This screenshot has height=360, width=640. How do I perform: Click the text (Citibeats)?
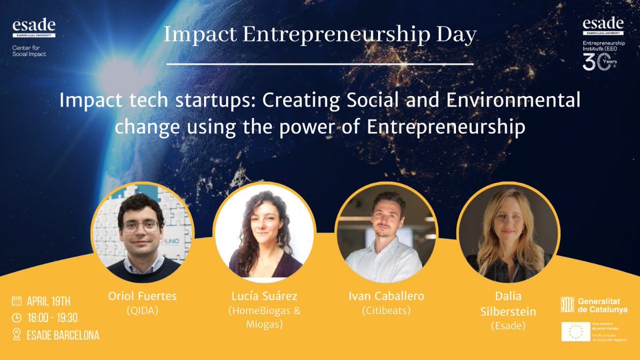385,310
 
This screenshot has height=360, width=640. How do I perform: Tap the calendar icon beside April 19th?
17,300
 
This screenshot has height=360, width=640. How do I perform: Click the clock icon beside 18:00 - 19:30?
17,318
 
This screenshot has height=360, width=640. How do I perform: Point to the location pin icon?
17,335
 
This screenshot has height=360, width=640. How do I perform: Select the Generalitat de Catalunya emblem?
567,305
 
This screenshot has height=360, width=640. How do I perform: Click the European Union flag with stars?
575,331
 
